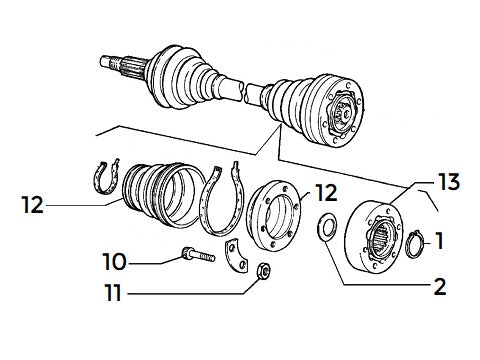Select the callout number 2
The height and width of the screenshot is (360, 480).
pos(438,287)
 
